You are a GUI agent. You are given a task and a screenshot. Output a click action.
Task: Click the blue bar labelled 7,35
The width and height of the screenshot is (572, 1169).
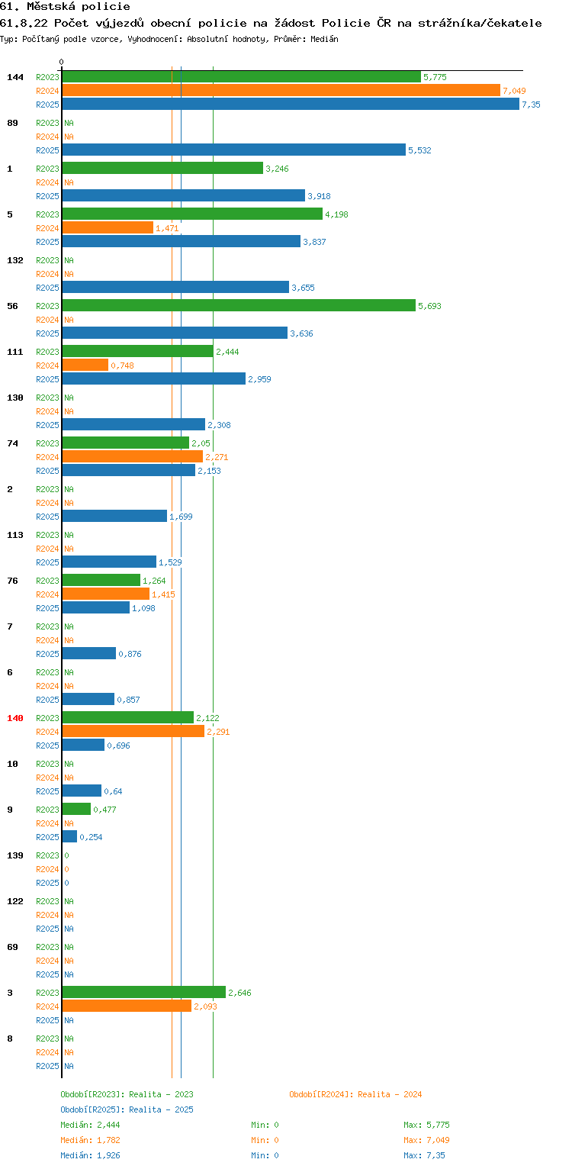pyautogui.click(x=291, y=105)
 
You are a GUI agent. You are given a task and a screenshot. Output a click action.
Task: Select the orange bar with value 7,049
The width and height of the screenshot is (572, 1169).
pyautogui.click(x=281, y=91)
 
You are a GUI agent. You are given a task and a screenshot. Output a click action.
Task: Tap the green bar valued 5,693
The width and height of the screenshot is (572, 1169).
pyautogui.click(x=239, y=306)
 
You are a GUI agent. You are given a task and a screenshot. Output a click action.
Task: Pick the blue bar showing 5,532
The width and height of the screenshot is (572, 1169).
pyautogui.click(x=234, y=150)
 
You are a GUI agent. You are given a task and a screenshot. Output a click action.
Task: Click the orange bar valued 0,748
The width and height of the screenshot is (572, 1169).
pyautogui.click(x=85, y=366)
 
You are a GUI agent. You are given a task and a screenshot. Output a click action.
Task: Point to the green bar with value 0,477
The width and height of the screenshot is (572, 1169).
pyautogui.click(x=77, y=810)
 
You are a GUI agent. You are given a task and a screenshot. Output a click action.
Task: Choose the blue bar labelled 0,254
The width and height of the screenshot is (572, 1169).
pyautogui.click(x=70, y=837)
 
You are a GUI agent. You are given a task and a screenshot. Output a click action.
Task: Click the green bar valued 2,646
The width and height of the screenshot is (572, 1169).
pyautogui.click(x=144, y=993)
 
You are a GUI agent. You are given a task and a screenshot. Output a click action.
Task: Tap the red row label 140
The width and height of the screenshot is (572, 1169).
pyautogui.click(x=15, y=718)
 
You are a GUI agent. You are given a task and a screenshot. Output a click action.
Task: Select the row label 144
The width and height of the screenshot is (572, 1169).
pyautogui.click(x=15, y=77)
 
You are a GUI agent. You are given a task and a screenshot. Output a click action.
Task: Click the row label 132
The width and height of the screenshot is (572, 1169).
pyautogui.click(x=15, y=260)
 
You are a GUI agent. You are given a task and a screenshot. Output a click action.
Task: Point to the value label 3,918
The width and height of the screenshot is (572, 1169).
pyautogui.click(x=319, y=196)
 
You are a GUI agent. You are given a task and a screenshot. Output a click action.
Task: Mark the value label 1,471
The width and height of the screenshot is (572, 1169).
pyautogui.click(x=167, y=228)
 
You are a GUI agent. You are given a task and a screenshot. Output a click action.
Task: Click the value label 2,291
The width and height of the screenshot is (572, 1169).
pyautogui.click(x=218, y=732)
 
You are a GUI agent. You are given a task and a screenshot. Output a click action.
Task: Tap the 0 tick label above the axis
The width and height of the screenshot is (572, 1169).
pyautogui.click(x=62, y=62)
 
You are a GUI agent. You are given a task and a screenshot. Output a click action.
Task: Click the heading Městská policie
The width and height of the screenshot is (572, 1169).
pyautogui.click(x=79, y=7)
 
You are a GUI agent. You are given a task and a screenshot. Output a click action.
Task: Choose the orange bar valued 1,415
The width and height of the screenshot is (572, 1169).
pyautogui.click(x=106, y=594)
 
